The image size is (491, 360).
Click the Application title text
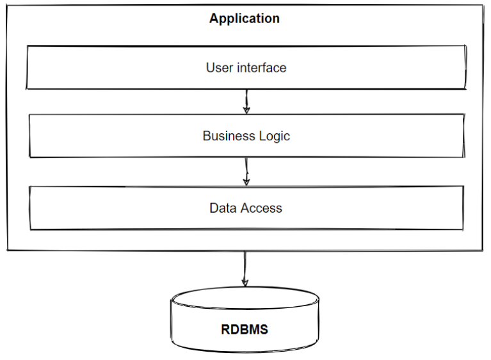pyautogui.click(x=244, y=19)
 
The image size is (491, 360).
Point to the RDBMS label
pyautogui.click(x=245, y=331)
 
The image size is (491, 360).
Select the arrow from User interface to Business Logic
pyautogui.click(x=246, y=101)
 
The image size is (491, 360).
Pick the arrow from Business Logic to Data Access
pyautogui.click(x=246, y=171)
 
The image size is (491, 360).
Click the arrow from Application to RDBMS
pyautogui.click(x=244, y=266)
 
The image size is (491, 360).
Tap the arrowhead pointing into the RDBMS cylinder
pyautogui.click(x=244, y=282)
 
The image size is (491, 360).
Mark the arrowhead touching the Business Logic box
pyautogui.click(x=246, y=110)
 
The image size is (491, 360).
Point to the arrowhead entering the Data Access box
pyautogui.click(x=246, y=182)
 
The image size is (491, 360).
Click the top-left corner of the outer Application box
pyautogui.click(x=8, y=6)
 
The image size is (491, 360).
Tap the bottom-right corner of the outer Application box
pyautogui.click(x=483, y=250)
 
